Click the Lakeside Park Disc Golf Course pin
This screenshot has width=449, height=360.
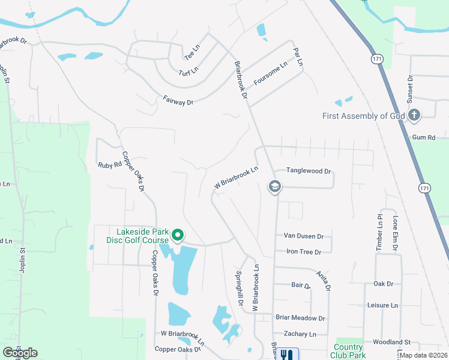pos(177,235)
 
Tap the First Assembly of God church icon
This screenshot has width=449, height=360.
pos(414,115)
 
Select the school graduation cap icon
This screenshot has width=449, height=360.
pos(274,187)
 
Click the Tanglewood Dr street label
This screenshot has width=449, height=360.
pos(309,171)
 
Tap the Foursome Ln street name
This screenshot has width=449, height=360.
pos(271,73)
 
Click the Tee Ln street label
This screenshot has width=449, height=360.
pos(192,52)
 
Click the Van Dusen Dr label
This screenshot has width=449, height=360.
pos(304,236)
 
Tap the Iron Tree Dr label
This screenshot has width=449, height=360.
pos(304,252)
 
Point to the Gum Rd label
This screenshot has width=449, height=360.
pos(423,138)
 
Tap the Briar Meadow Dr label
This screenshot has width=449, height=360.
pos(300,318)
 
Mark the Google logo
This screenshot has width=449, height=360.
pos(20,353)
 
